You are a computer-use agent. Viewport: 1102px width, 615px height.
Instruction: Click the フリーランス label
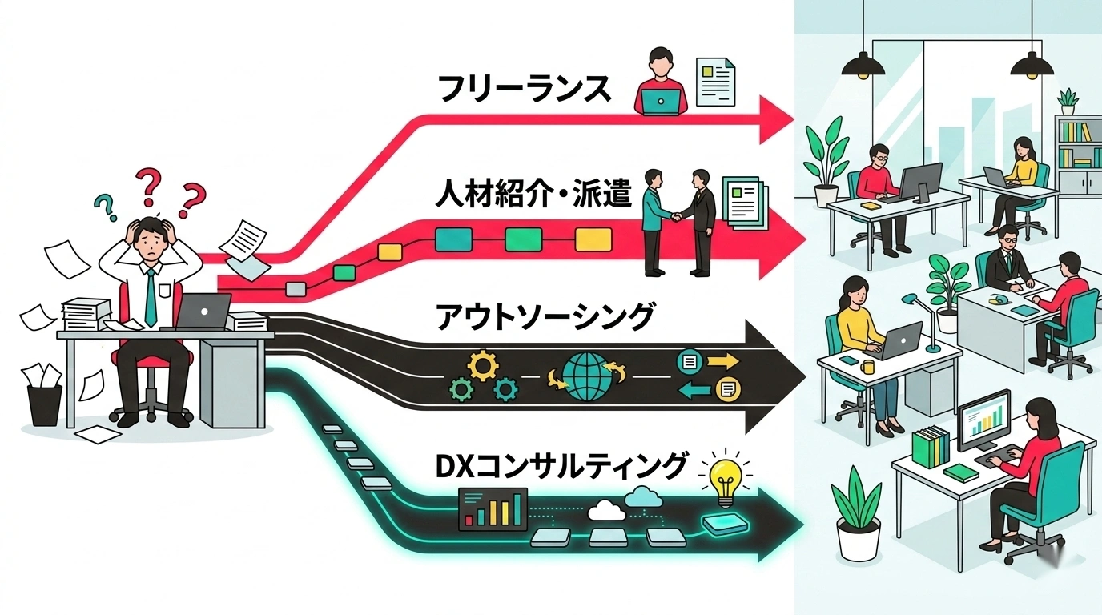[x=525, y=89]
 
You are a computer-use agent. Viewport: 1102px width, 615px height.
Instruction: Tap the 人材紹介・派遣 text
[x=533, y=195]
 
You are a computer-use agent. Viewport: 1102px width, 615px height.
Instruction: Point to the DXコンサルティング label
[x=561, y=466]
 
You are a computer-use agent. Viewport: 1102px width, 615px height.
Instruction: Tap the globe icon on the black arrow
[x=591, y=373]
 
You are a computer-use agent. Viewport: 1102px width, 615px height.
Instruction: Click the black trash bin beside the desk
[x=44, y=404]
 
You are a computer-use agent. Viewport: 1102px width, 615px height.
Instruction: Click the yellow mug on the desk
[x=869, y=367]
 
